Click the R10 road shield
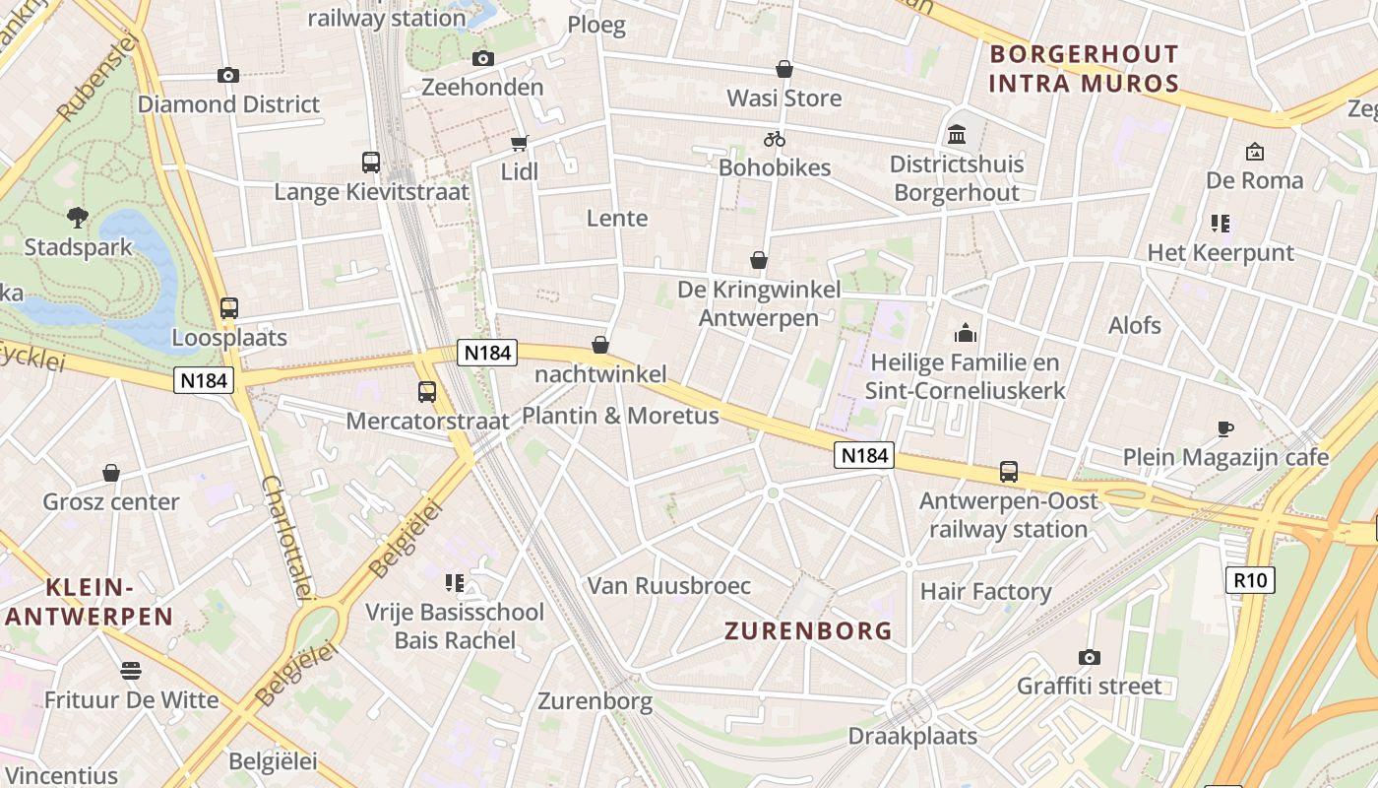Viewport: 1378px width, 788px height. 1250,580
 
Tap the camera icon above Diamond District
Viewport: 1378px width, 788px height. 228,75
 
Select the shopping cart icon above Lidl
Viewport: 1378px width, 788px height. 519,143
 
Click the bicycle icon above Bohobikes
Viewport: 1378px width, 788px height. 775,139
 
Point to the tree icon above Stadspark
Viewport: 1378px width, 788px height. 78,218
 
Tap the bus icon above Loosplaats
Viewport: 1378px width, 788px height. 229,308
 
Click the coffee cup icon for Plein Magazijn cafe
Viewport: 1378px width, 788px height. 1225,428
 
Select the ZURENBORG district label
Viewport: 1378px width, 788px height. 808,631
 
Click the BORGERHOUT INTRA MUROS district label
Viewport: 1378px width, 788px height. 1084,69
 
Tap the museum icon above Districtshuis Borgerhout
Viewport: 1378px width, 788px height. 956,134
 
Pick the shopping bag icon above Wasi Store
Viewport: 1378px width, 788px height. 784,69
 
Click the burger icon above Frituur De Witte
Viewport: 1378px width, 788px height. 131,671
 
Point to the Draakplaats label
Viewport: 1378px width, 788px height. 912,736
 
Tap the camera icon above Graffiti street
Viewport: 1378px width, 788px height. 1089,657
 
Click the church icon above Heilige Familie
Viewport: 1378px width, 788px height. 965,333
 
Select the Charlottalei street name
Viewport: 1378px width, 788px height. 287,537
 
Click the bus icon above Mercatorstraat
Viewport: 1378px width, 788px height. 427,392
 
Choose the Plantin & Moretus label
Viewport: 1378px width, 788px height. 620,416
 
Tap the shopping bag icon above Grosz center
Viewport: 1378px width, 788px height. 111,474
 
